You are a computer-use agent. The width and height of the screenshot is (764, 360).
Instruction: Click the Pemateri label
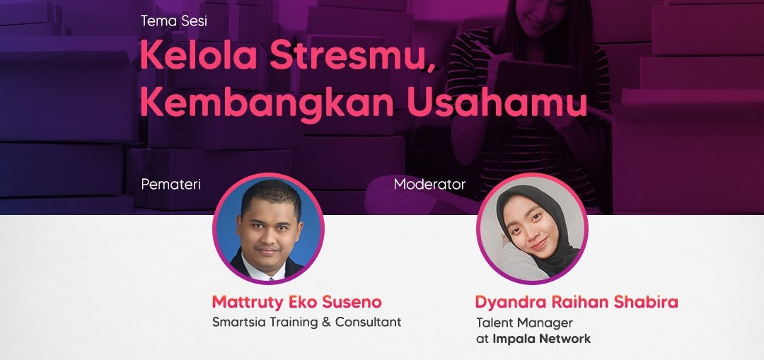[170, 185]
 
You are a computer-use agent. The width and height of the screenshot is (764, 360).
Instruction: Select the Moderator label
[429, 185]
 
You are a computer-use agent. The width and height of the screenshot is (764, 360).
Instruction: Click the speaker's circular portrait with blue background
[268, 228]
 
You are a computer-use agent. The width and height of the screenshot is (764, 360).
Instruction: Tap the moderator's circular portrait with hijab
[532, 228]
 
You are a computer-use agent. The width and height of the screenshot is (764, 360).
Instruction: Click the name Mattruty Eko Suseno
[296, 302]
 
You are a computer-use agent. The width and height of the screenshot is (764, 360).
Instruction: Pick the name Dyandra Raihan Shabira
[577, 302]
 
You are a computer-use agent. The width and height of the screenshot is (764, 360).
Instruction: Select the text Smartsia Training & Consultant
[306, 322]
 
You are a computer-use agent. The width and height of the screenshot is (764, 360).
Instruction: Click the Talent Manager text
[524, 323]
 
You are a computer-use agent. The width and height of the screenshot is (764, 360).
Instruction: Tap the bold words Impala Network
[542, 339]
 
